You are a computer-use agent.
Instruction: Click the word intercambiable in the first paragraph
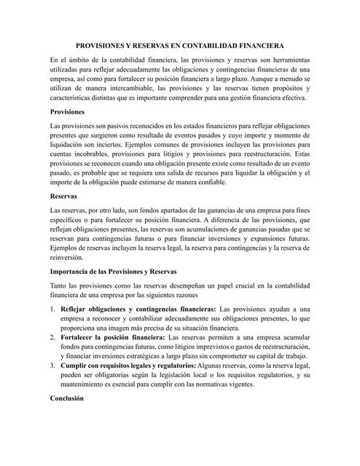point(134,86)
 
